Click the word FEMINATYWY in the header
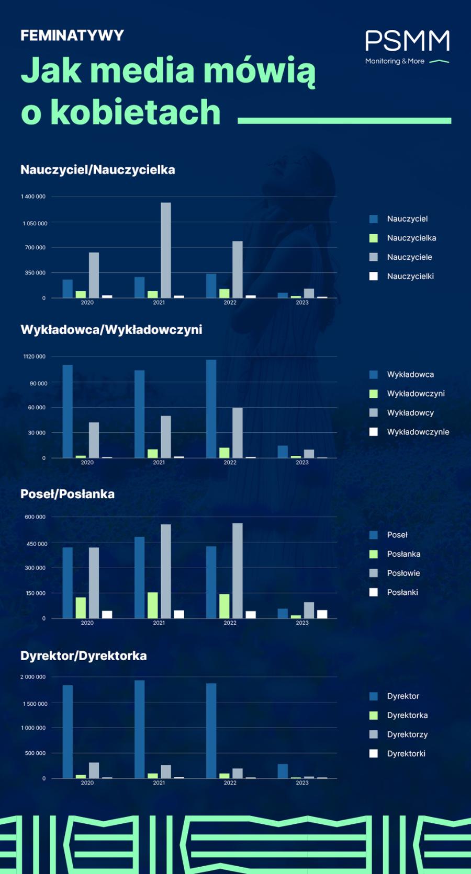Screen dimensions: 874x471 tap(72, 36)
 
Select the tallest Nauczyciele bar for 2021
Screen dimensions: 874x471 tap(165, 250)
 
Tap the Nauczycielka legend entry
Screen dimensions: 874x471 tap(411, 238)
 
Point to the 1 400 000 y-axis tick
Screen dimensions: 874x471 tap(33, 197)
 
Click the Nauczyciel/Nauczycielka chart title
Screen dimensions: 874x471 tap(98, 170)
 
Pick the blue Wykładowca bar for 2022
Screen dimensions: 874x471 tap(211, 409)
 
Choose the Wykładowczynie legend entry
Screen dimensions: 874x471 tap(418, 432)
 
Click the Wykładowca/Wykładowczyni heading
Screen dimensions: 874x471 tap(111, 330)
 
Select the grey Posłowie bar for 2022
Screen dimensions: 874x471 tap(238, 571)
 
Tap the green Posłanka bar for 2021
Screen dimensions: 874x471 tap(152, 605)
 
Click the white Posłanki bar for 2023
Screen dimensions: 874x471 tap(322, 614)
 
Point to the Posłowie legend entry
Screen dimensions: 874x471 tap(403, 573)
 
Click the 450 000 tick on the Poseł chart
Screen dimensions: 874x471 tap(36, 544)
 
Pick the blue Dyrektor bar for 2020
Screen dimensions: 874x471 tap(68, 731)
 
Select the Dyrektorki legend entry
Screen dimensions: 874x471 tap(406, 753)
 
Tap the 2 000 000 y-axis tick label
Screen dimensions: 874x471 tap(33, 677)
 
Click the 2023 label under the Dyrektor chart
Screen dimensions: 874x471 tap(302, 783)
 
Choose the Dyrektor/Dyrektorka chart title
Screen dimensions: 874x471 tap(84, 656)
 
